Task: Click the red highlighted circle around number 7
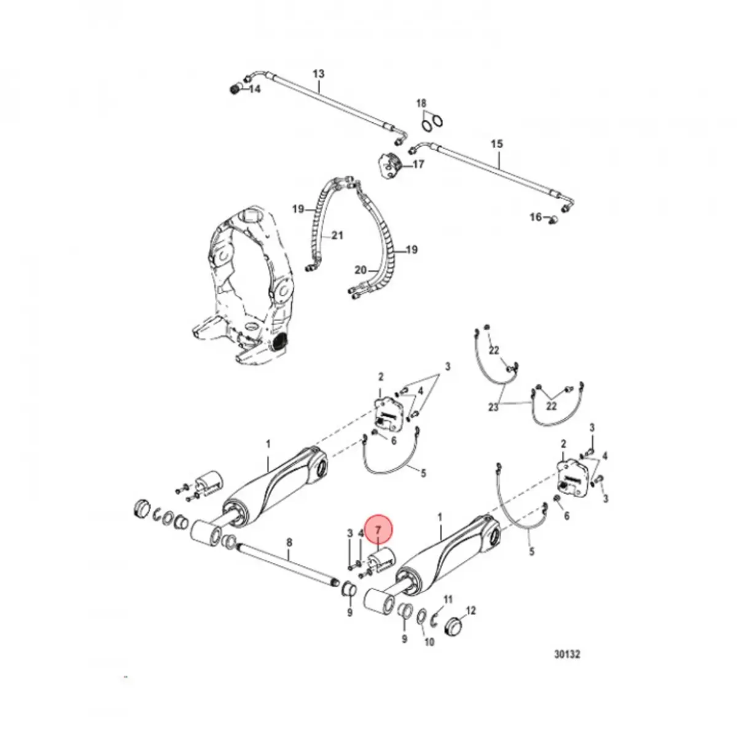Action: pos(378,529)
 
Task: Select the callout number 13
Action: pos(318,74)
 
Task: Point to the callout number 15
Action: pos(497,144)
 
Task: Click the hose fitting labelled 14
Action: pos(234,90)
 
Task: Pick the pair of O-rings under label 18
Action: pos(431,123)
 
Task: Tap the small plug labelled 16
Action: pos(551,217)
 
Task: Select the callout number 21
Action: pos(337,235)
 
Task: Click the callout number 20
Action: pos(361,270)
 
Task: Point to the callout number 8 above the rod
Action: pos(290,542)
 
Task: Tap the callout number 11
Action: pos(448,599)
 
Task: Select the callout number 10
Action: pos(429,642)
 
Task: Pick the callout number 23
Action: pos(493,407)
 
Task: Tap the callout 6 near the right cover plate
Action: pos(566,517)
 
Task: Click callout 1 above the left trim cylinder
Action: pos(268,444)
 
